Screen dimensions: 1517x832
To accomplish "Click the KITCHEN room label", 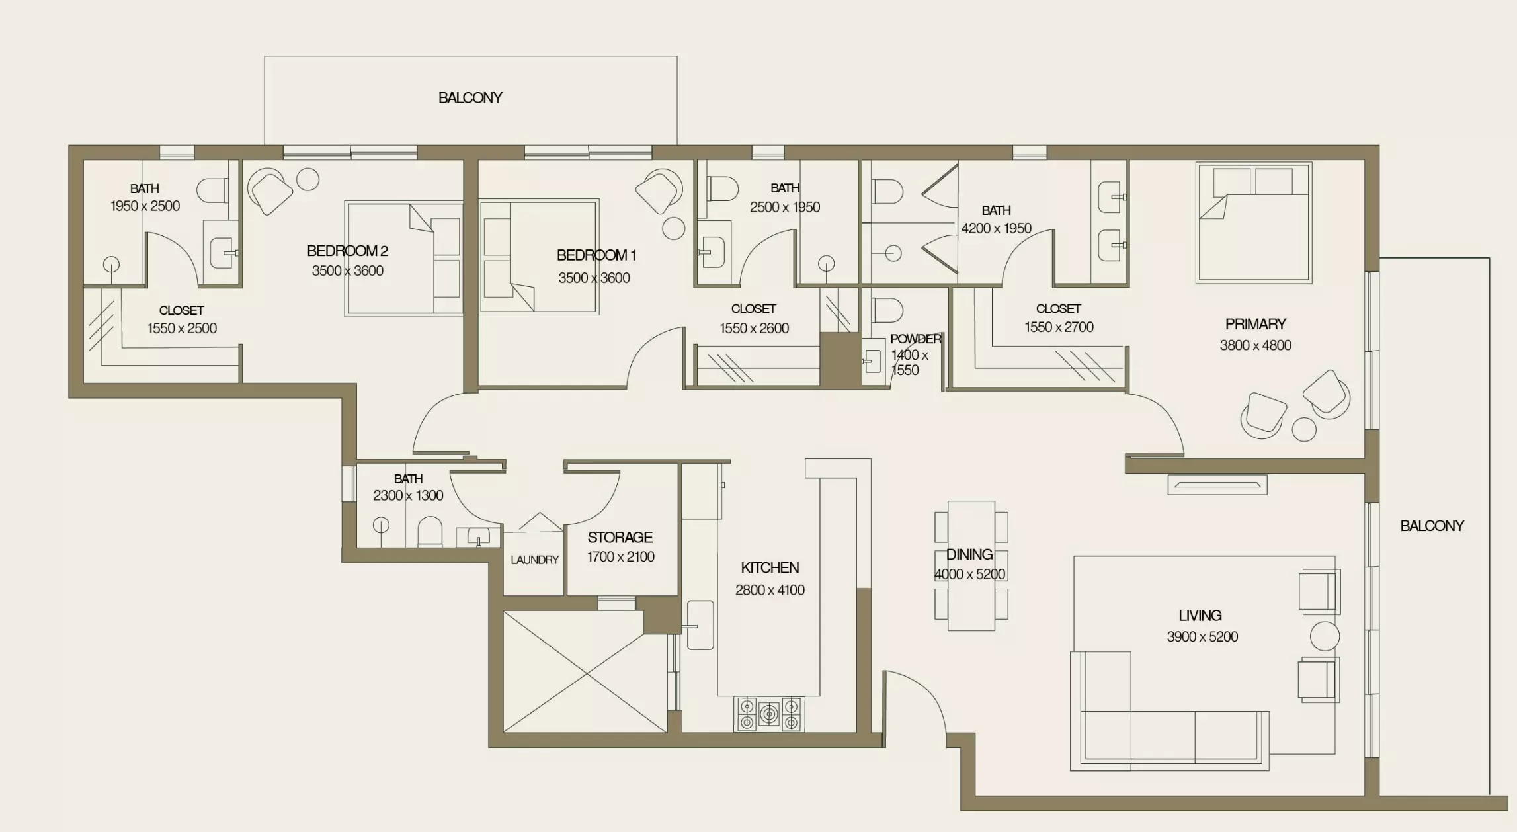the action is [x=770, y=567].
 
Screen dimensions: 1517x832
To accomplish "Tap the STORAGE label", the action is [x=620, y=537].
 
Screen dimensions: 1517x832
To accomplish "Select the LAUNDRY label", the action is [x=535, y=560].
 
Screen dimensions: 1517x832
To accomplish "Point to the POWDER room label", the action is [x=916, y=339].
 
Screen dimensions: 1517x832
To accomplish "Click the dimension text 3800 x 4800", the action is [x=1255, y=345].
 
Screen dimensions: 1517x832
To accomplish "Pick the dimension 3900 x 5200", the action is [x=1202, y=636].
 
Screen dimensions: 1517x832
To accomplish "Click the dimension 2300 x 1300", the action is [x=408, y=495].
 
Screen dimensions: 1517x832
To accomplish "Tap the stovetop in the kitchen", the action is [x=769, y=714].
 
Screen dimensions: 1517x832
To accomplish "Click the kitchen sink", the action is [x=700, y=625].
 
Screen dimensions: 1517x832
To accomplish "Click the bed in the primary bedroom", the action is [x=1254, y=223].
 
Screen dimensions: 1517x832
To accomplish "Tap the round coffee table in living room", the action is [x=1325, y=636].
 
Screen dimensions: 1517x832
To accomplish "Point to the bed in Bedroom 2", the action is [x=403, y=259].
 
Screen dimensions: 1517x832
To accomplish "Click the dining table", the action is [x=971, y=565].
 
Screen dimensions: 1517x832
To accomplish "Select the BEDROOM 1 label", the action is [x=596, y=255].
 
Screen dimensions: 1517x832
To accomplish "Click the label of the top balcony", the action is [x=470, y=97].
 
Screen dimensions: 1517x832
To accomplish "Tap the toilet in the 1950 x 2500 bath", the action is [x=213, y=190].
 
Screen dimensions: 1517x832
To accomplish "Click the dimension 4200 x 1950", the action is [x=996, y=228].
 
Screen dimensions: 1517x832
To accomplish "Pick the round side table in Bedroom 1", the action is [x=674, y=228].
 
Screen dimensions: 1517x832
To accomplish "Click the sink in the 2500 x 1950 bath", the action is [x=712, y=252].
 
